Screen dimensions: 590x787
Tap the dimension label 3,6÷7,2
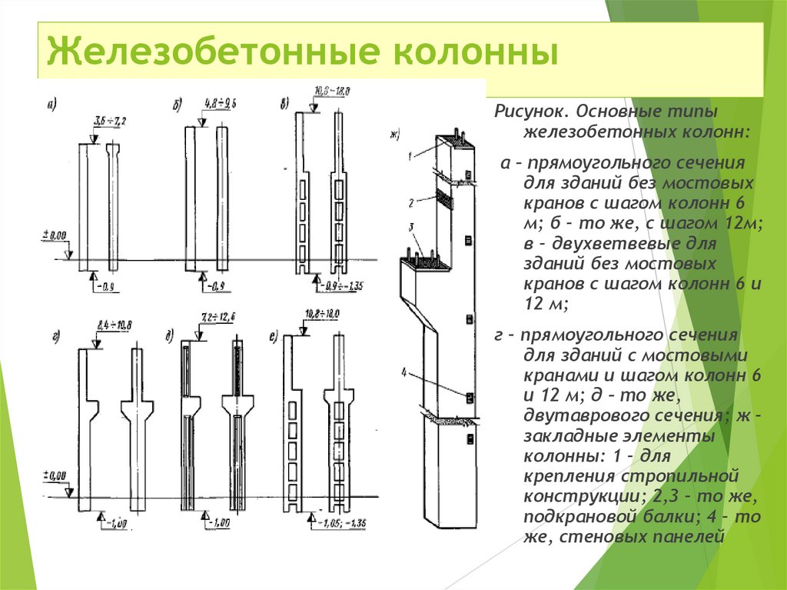coord(109,120)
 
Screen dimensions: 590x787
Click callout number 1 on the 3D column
coord(411,155)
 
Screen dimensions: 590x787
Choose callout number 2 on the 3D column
coord(412,202)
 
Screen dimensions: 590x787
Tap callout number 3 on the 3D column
coord(412,227)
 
